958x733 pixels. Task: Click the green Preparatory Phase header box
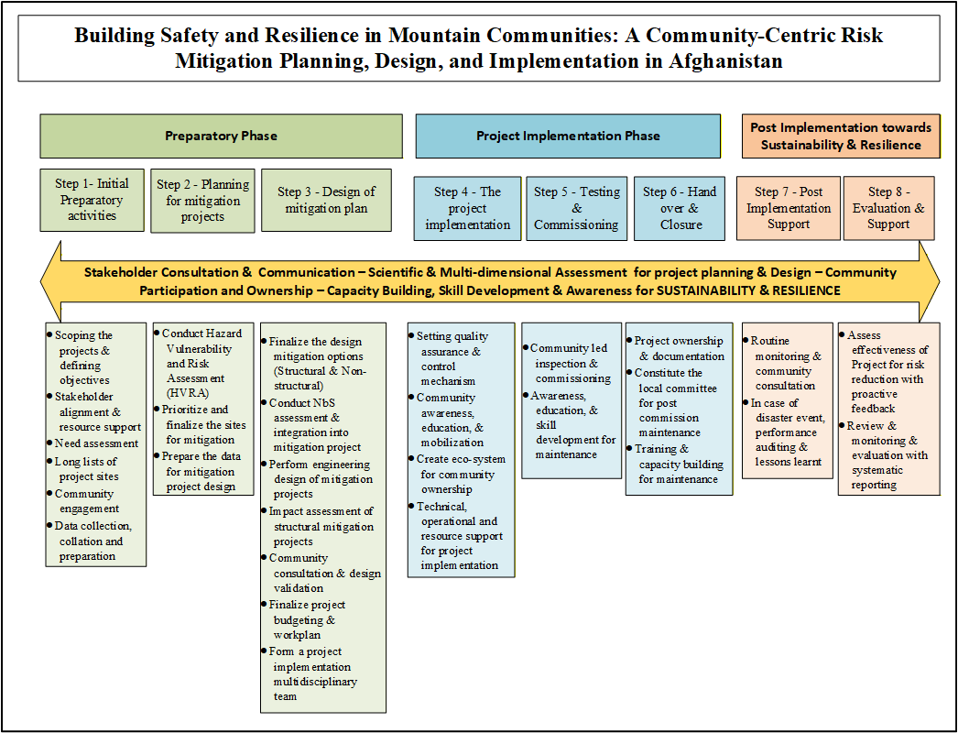click(221, 136)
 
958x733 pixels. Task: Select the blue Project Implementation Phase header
click(568, 136)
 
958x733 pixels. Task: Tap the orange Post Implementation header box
click(840, 136)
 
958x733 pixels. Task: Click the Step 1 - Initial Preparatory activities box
click(92, 200)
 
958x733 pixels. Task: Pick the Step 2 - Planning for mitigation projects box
click(202, 201)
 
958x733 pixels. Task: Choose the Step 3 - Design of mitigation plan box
click(326, 200)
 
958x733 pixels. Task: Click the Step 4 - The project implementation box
click(467, 208)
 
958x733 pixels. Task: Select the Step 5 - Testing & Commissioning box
click(577, 208)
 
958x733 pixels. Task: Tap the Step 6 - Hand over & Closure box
click(680, 208)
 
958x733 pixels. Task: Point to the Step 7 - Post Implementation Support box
click(789, 208)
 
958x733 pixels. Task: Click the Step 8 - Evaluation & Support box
click(888, 208)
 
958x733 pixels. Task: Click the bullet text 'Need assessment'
click(96, 444)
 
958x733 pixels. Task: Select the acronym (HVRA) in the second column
click(186, 393)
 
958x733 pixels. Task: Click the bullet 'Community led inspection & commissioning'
click(570, 363)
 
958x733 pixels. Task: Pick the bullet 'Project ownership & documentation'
click(679, 348)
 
